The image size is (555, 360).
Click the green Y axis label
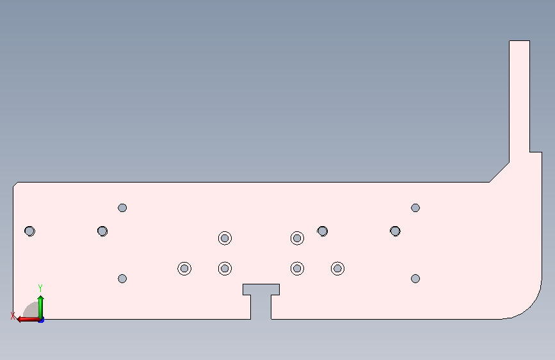pos(40,288)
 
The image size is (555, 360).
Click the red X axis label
pos(13,316)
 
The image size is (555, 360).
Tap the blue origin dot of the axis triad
pos(41,320)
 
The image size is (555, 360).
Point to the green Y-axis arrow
pos(41,307)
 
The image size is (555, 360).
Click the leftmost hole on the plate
pos(29,231)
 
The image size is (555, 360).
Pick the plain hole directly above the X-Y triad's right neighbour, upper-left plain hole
pos(122,208)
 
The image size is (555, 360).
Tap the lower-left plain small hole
pos(122,279)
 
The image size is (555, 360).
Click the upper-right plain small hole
pos(415,208)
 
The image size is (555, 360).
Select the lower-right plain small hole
pos(415,279)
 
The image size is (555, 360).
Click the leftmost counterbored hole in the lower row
pos(184,268)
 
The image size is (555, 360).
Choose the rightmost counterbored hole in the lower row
pos(337,268)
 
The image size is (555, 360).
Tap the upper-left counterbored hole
pos(225,238)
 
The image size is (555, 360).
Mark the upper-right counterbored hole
pos(297,238)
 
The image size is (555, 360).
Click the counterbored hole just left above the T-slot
pos(225,268)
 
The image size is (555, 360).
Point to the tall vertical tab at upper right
pos(519,101)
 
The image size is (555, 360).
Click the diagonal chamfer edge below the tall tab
pos(499,172)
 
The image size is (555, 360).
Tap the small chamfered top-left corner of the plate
pos(15,184)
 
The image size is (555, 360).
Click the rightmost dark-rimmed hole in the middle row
pos(395,231)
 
